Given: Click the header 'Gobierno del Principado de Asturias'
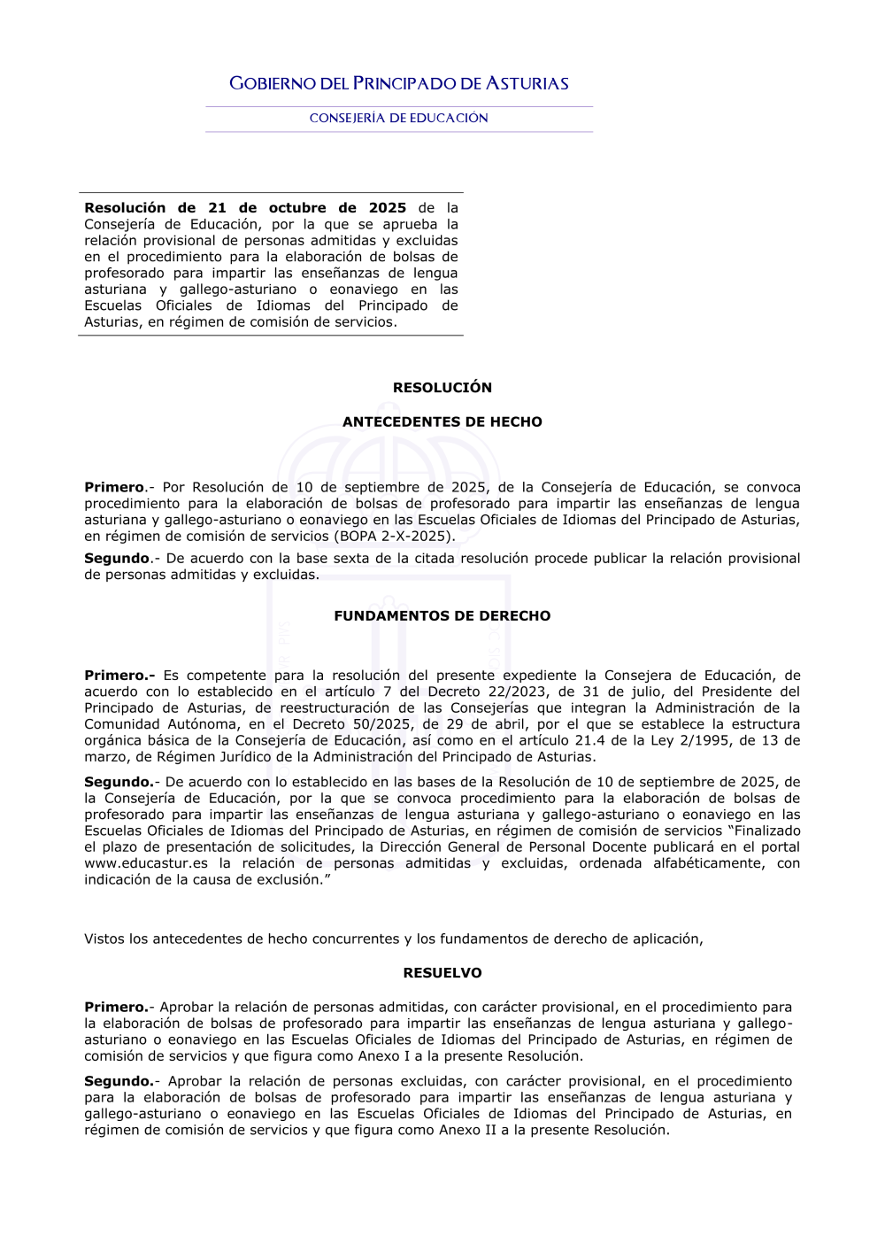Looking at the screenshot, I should pos(398,83).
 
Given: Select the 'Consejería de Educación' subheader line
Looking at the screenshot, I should pos(398,118).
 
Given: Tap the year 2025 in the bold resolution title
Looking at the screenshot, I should pos(388,208).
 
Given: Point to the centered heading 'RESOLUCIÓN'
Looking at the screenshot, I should pos(442,388).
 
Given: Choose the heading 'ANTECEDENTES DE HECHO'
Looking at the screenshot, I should pos(442,422).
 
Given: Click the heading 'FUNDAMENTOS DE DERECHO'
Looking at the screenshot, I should pos(442,616).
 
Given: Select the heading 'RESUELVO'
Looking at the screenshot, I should pos(442,973).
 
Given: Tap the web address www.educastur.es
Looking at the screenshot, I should pos(146,864).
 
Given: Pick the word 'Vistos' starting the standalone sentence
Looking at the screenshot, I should pos(104,939).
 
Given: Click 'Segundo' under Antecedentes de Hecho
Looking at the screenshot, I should pos(117,559).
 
